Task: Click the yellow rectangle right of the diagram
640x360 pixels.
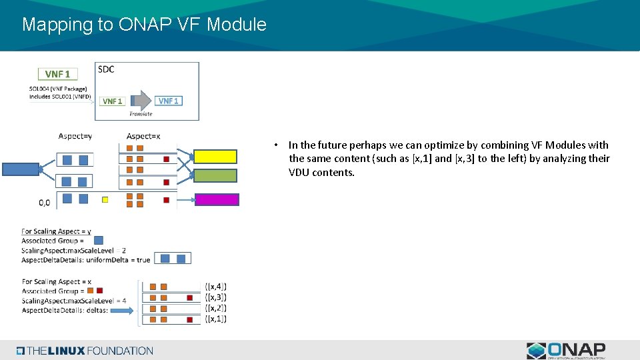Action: click(x=215, y=157)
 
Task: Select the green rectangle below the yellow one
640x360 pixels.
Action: click(x=215, y=175)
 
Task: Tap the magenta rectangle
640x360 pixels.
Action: click(x=216, y=199)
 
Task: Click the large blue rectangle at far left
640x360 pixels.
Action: click(x=21, y=169)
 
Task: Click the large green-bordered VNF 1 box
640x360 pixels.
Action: click(x=58, y=74)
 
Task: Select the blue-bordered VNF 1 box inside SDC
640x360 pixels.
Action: click(x=169, y=101)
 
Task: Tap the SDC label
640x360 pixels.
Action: click(x=106, y=69)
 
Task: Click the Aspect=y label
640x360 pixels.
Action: click(x=75, y=136)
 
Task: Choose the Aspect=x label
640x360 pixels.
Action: click(x=143, y=136)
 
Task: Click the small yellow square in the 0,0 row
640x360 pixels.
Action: click(x=105, y=199)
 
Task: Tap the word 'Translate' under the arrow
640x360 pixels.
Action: click(x=141, y=114)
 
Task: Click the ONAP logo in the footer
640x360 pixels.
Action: click(x=566, y=351)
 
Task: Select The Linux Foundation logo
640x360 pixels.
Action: click(x=85, y=351)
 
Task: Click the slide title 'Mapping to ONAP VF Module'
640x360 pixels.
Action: click(x=144, y=25)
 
